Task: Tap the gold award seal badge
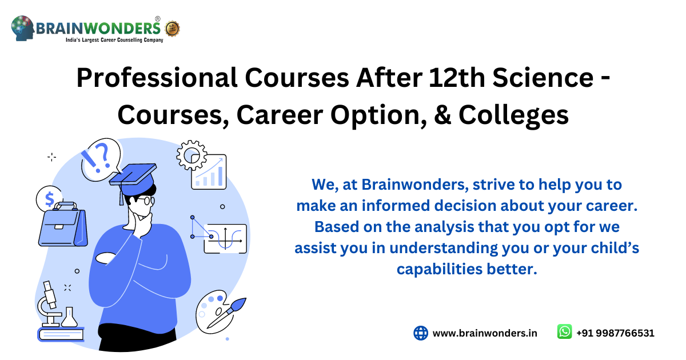[172, 28]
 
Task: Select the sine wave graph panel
[225, 238]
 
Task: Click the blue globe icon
[421, 333]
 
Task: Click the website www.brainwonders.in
[485, 333]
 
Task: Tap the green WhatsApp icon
[564, 332]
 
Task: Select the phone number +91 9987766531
[615, 333]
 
